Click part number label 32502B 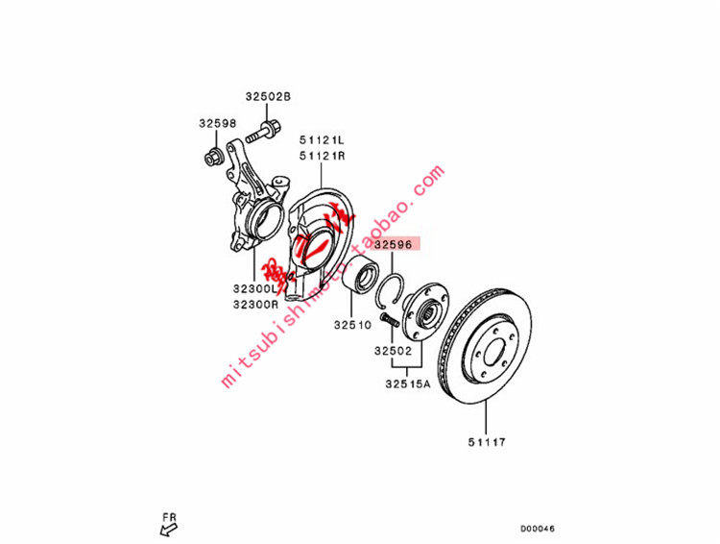267,96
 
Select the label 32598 217,123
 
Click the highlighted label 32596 393,245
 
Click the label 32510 352,325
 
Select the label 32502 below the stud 394,353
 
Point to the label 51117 487,442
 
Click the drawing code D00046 538,528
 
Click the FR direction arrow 170,526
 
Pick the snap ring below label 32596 395,285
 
